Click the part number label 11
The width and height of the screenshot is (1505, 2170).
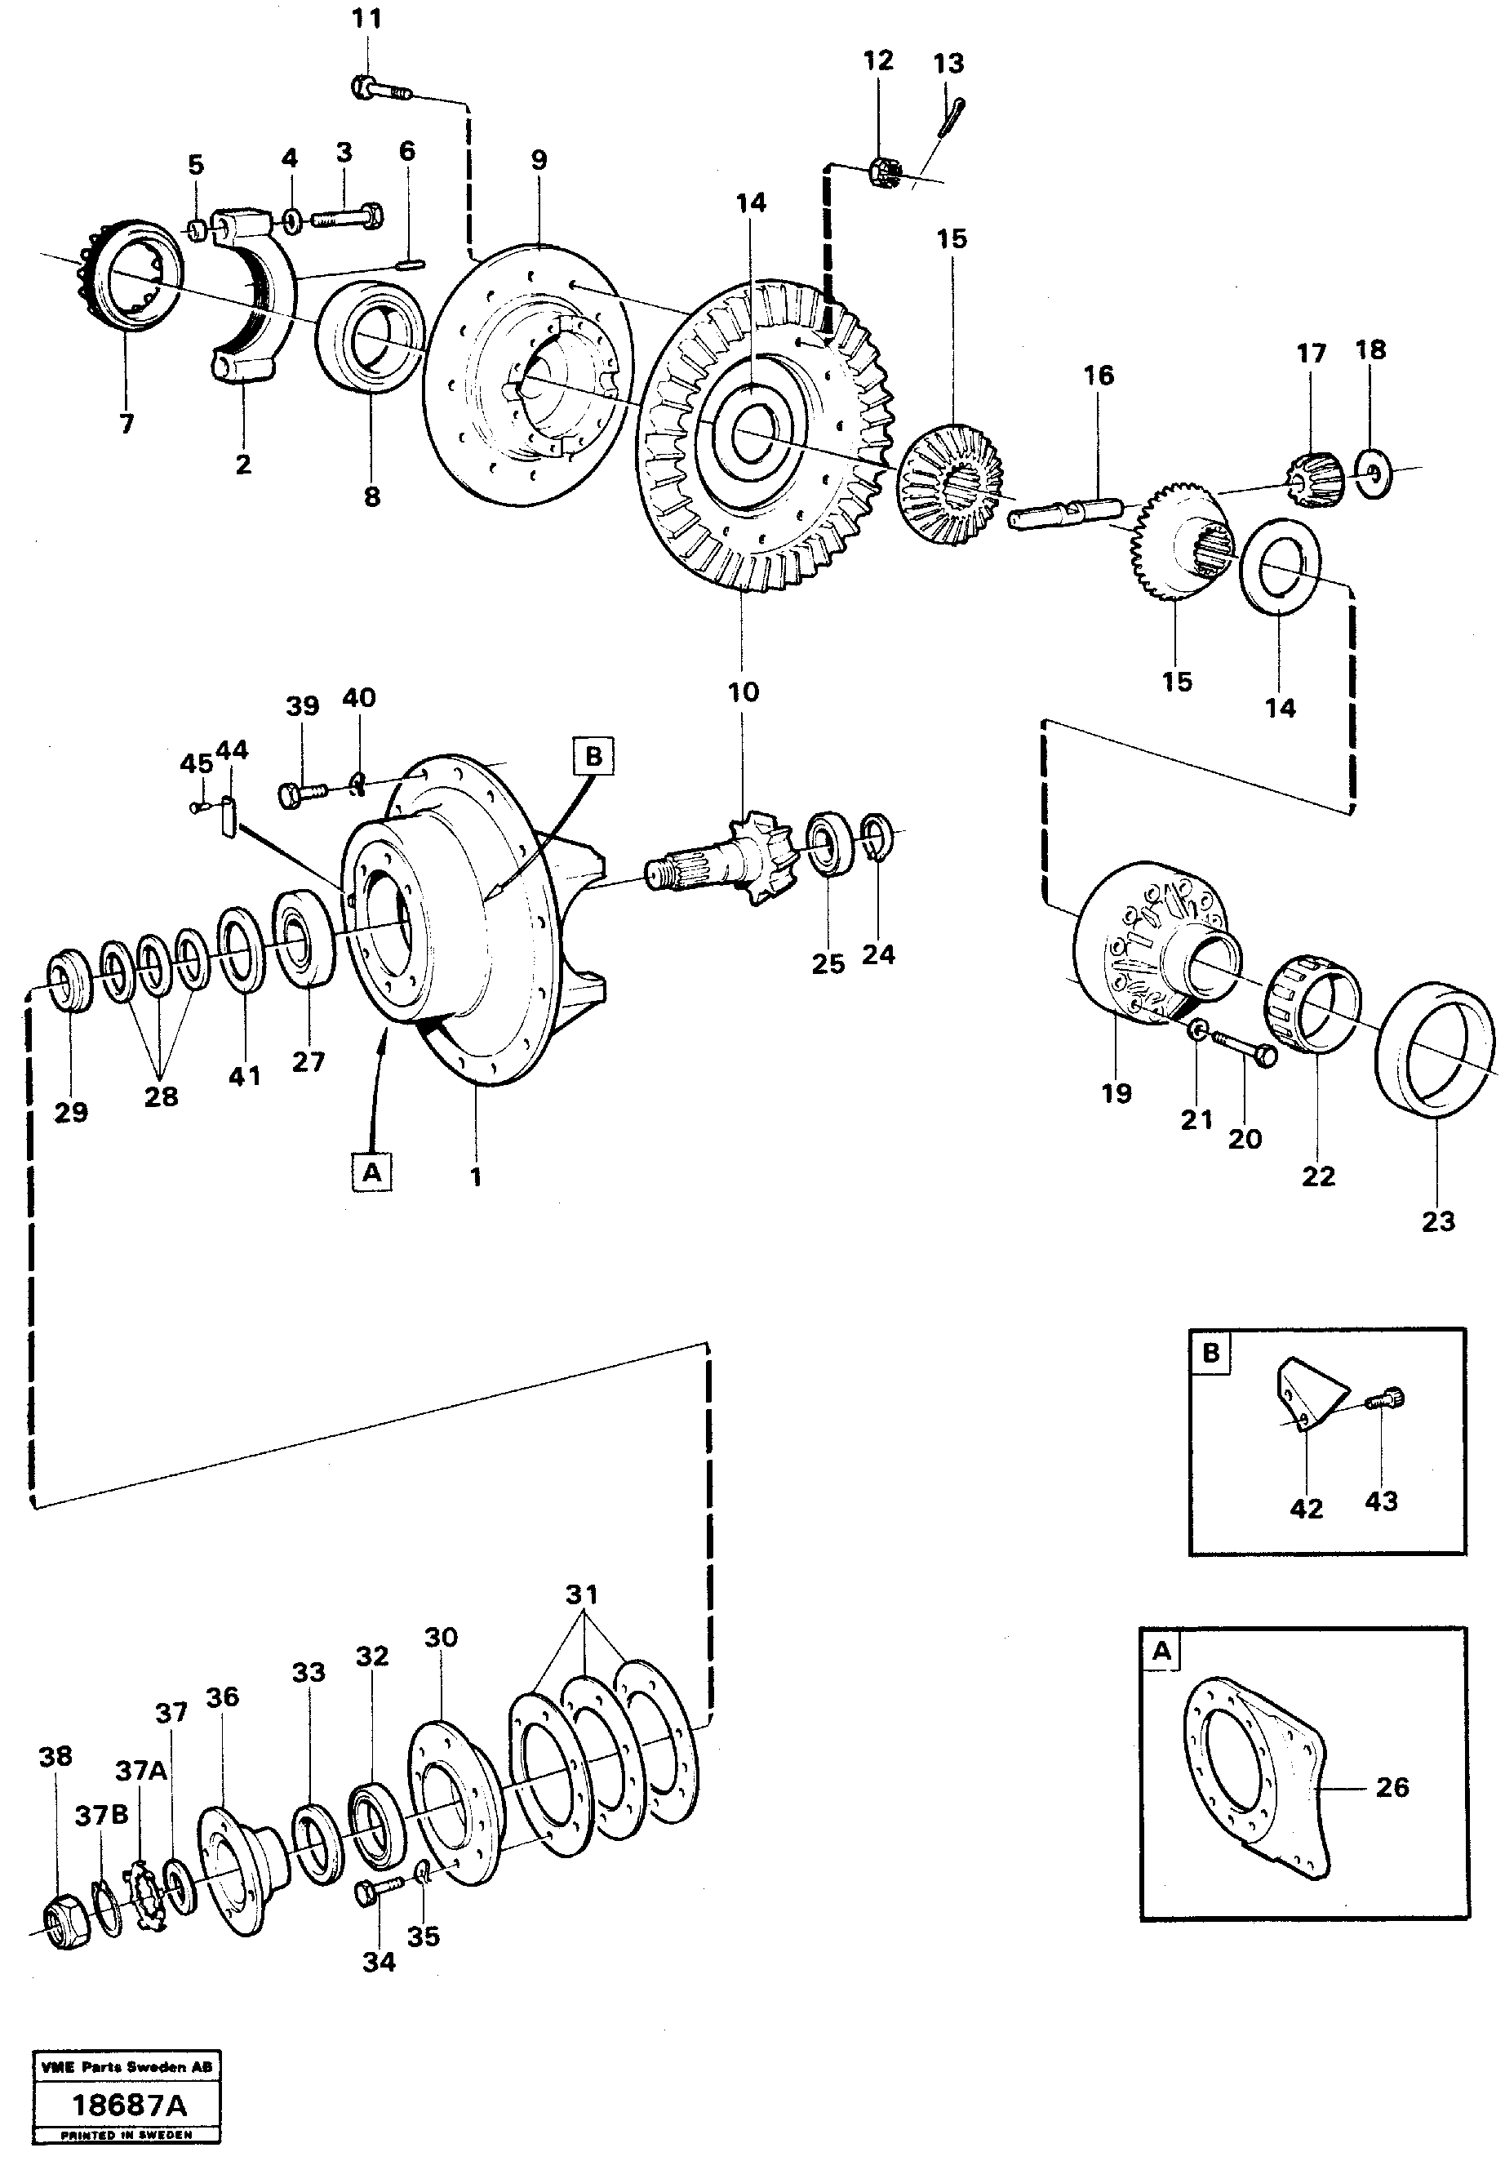(366, 19)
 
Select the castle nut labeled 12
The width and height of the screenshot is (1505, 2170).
(882, 172)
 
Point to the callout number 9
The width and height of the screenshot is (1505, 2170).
(539, 159)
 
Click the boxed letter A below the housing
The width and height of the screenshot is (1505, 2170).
(371, 1172)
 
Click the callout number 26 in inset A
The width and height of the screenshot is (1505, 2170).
(1392, 1787)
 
